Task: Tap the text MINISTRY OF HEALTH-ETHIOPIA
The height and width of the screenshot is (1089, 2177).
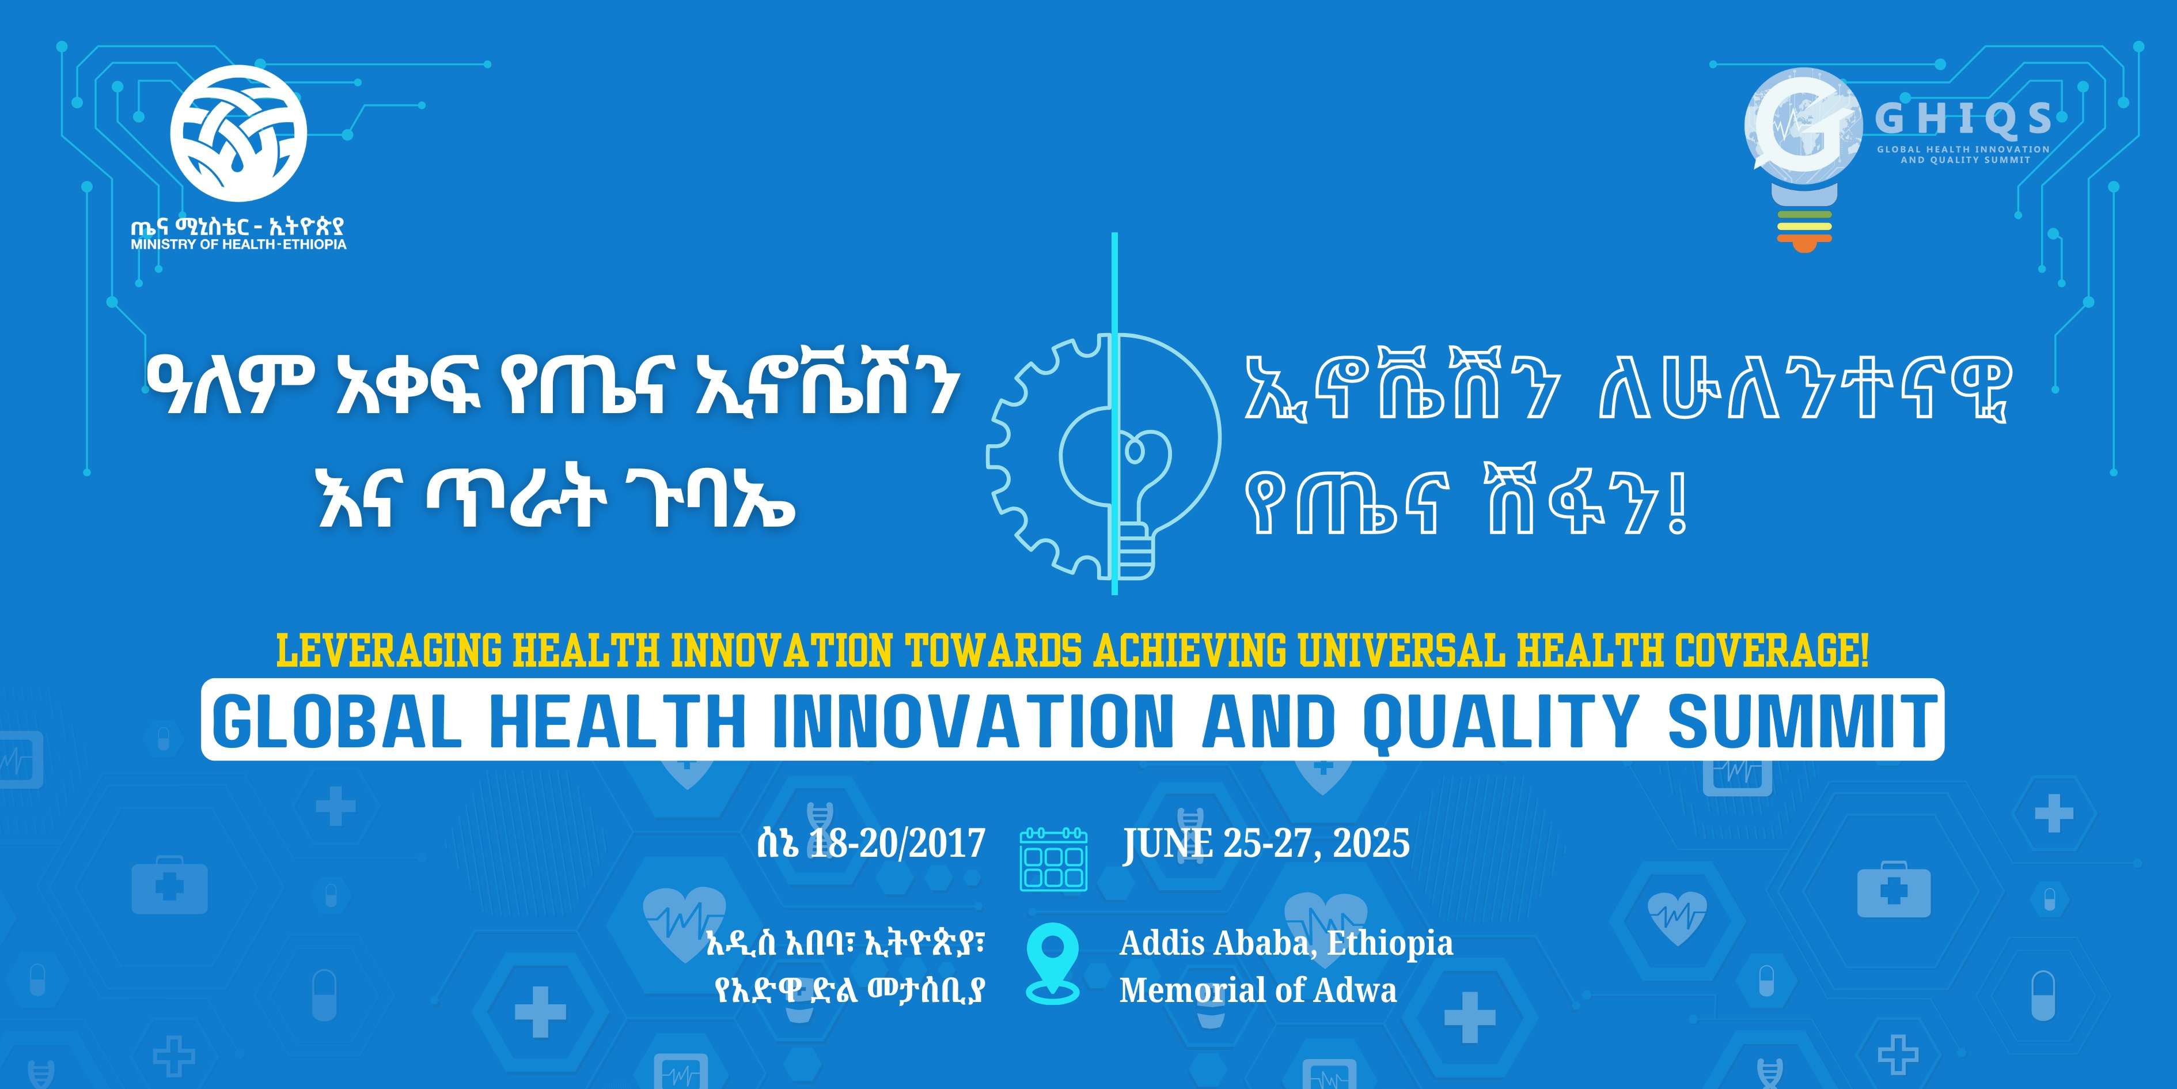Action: [x=238, y=244]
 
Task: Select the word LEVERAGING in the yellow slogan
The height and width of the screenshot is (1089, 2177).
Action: [x=389, y=651]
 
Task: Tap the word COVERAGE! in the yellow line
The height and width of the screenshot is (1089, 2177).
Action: [x=1772, y=651]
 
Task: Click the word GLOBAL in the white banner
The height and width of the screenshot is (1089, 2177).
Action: [x=337, y=721]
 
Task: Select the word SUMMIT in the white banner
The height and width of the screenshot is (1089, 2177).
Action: [x=1801, y=721]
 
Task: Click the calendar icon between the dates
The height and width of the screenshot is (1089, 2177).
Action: [x=1053, y=859]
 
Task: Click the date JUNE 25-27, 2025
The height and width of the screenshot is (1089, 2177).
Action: [x=1266, y=844]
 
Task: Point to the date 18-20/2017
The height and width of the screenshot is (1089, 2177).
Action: [x=897, y=844]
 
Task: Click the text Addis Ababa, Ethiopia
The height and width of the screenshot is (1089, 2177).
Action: [x=1285, y=943]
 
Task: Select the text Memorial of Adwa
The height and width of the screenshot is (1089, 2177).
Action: [x=1257, y=990]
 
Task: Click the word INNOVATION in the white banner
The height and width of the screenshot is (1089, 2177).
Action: [x=973, y=721]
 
